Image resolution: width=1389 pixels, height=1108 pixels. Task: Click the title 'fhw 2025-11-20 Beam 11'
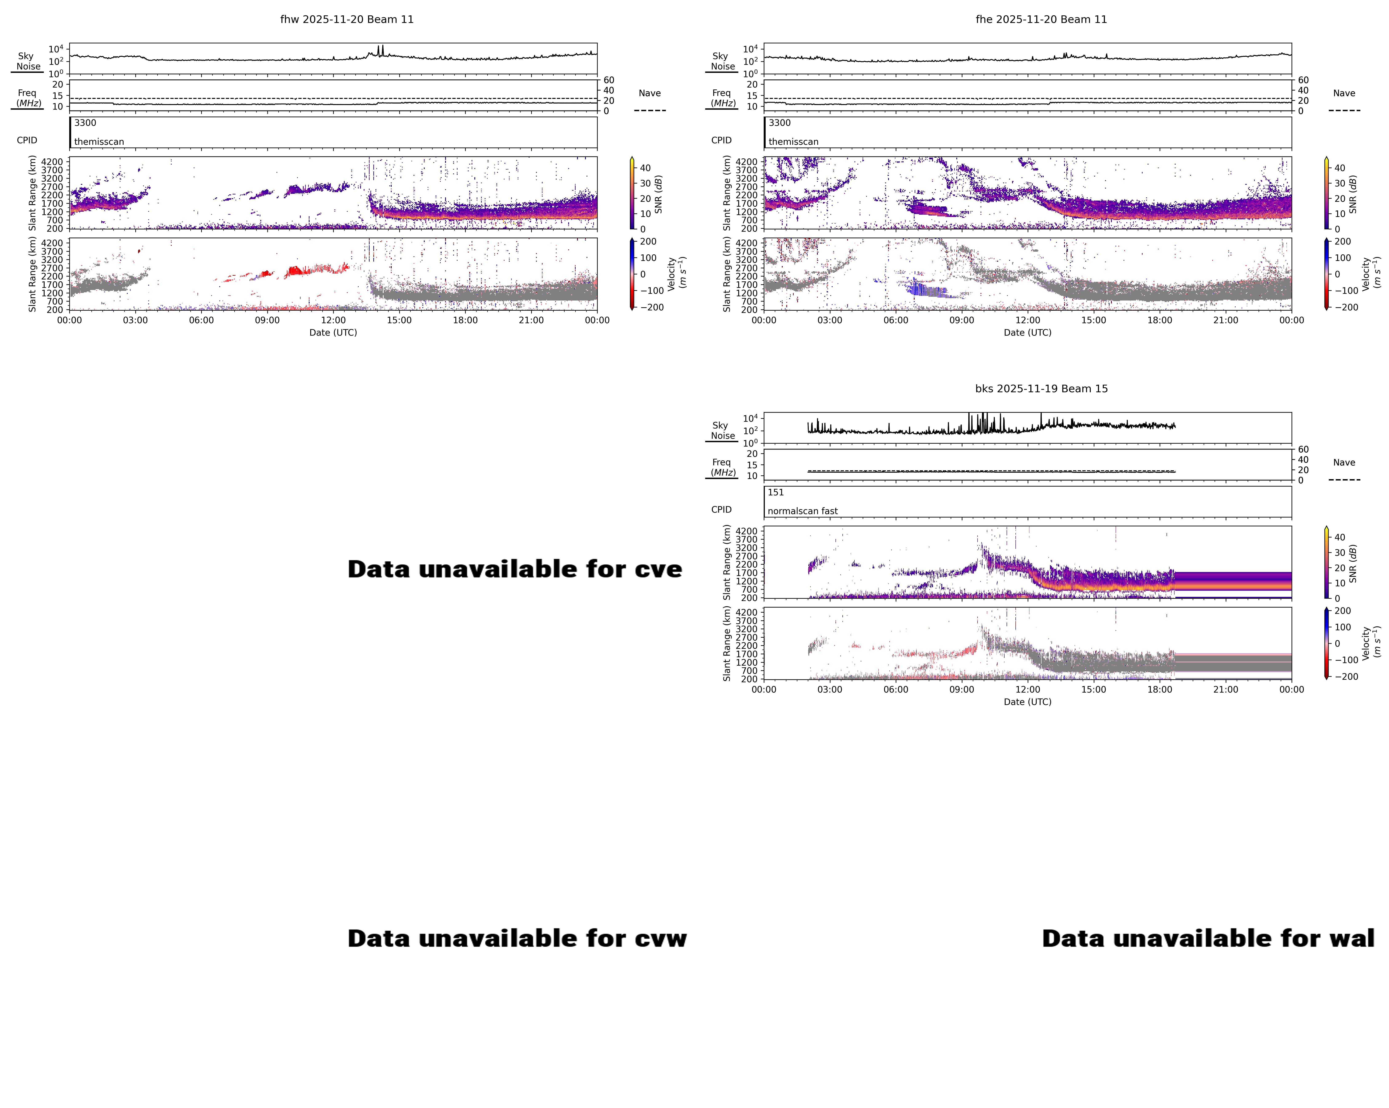tap(347, 19)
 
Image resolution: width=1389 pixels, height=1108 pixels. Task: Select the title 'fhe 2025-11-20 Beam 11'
tap(1041, 19)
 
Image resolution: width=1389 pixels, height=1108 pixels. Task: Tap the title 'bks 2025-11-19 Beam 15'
tap(1041, 388)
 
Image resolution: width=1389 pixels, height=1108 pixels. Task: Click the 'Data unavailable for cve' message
tap(514, 569)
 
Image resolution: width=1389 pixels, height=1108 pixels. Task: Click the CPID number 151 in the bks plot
tap(776, 492)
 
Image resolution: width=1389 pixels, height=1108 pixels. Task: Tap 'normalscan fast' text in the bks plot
tap(802, 511)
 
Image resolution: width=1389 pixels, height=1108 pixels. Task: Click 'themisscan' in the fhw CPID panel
tap(98, 142)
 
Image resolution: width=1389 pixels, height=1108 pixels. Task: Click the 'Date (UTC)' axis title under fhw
tap(333, 333)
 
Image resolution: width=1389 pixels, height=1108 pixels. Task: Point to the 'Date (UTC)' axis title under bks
tap(1028, 701)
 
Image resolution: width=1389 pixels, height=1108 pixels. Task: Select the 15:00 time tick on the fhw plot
tap(399, 320)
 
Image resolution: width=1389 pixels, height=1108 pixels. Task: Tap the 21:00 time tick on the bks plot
tap(1225, 689)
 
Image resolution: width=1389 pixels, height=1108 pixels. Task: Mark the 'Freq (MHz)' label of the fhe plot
tap(722, 98)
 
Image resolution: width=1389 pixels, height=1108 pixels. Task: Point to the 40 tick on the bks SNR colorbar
tap(1339, 537)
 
